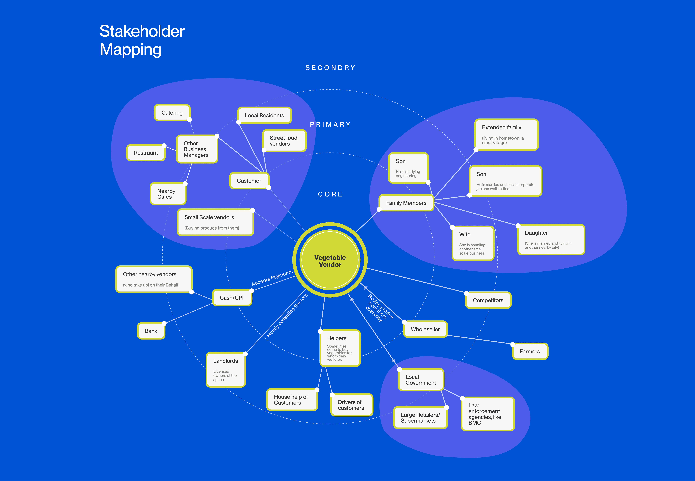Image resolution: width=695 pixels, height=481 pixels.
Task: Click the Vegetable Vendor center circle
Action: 330,260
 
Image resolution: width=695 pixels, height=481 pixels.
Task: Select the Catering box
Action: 172,113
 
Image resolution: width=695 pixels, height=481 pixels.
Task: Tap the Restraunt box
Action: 146,153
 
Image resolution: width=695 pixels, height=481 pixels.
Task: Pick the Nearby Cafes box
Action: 168,194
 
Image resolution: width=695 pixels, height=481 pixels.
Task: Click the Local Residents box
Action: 264,115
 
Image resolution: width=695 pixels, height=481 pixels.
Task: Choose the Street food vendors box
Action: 284,141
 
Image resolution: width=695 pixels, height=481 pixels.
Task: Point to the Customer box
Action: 249,181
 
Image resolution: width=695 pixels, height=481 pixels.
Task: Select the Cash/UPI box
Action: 232,298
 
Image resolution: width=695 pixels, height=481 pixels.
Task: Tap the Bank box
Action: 151,331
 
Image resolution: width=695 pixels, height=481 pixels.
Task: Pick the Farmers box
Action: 530,351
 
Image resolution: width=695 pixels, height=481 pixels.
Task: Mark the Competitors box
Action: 488,300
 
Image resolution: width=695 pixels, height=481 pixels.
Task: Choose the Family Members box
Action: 406,203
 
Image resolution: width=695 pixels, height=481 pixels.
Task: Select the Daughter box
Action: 551,240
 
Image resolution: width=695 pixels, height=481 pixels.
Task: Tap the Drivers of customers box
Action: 351,405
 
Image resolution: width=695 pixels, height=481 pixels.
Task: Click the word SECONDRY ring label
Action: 330,68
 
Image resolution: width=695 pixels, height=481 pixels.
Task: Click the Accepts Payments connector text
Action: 272,278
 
